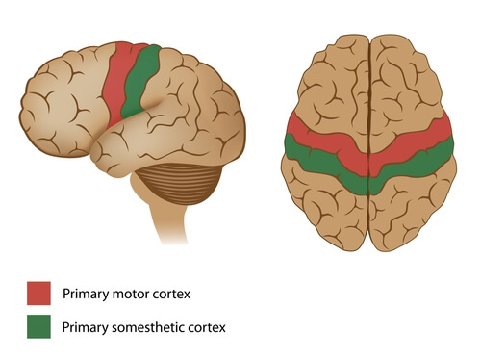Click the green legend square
pos(38,327)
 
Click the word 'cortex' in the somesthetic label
pos(207,327)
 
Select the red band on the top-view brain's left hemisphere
pos(317,135)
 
